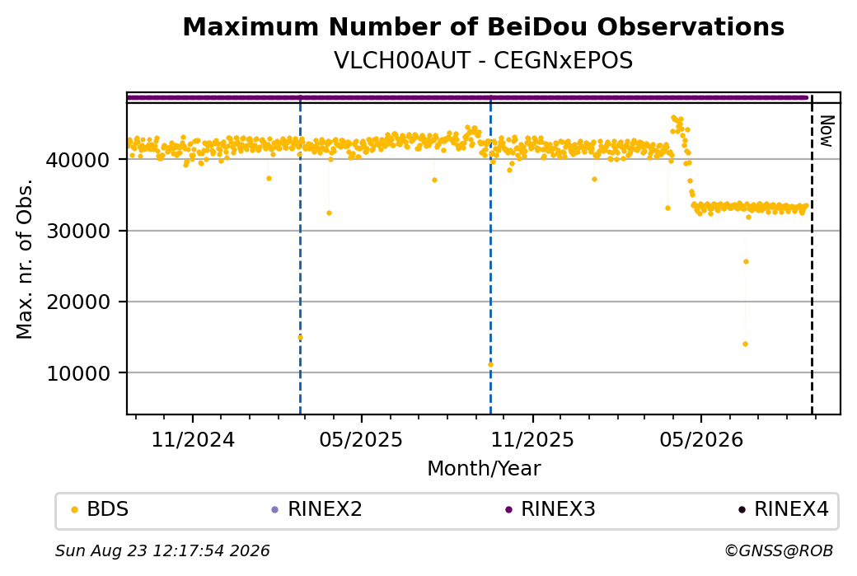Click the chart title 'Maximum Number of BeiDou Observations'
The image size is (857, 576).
click(x=483, y=26)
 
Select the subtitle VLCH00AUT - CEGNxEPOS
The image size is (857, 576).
click(x=483, y=60)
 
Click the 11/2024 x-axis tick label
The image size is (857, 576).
click(x=192, y=440)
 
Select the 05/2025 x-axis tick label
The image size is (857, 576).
click(x=361, y=440)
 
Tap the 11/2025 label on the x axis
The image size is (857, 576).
click(x=532, y=440)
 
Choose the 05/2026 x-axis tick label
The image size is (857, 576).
click(x=701, y=440)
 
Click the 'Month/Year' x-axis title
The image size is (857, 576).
click(x=484, y=468)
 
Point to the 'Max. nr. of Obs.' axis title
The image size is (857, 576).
click(x=25, y=259)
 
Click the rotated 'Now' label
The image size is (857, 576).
click(x=827, y=131)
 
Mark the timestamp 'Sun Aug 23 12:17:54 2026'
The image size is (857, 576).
click(x=162, y=550)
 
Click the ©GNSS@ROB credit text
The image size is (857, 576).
click(x=779, y=550)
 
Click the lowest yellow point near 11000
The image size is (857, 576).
click(x=491, y=364)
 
